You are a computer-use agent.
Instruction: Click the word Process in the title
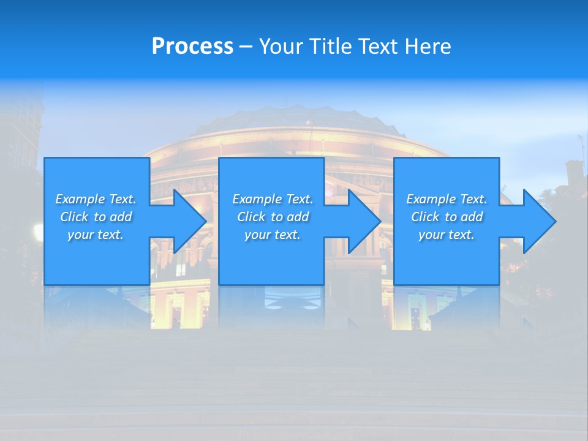coord(192,47)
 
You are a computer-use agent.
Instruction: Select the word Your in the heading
coord(281,47)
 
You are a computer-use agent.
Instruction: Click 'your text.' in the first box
coord(96,235)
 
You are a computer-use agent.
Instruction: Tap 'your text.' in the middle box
coord(273,235)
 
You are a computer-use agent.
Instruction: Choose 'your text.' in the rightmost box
coord(447,235)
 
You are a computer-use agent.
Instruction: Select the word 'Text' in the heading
coord(375,47)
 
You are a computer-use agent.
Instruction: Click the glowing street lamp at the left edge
coord(39,232)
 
